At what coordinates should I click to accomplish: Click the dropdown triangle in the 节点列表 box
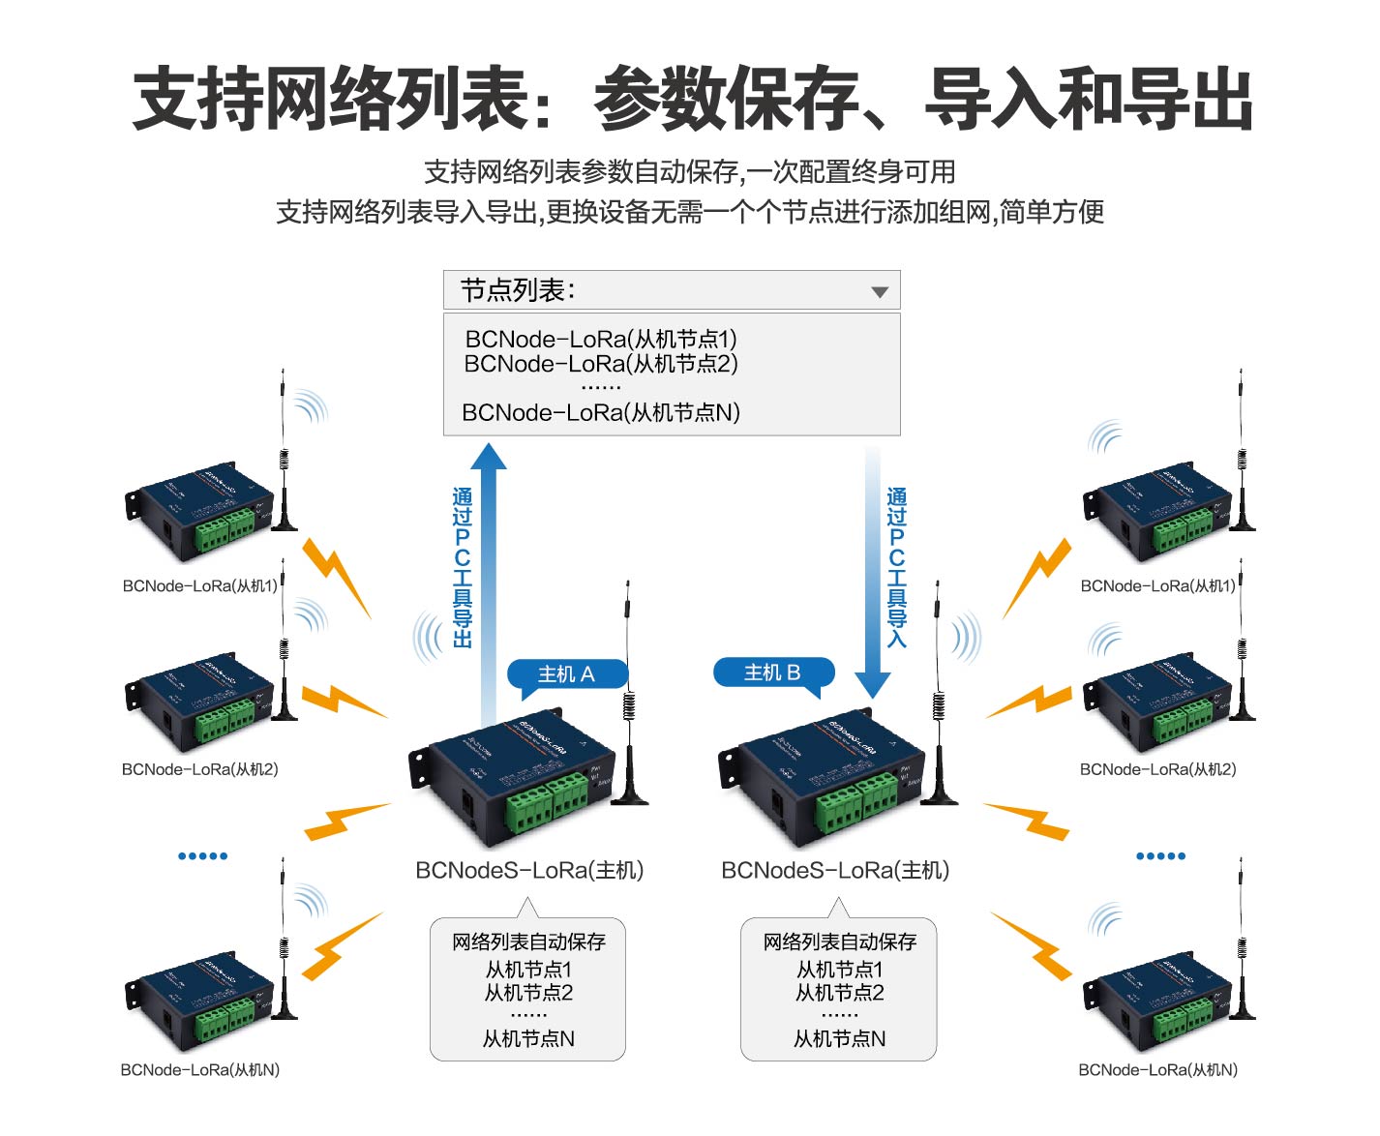point(879,292)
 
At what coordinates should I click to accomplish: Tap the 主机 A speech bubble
point(567,674)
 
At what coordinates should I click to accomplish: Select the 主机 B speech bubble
point(772,673)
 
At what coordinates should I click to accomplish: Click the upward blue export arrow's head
point(489,458)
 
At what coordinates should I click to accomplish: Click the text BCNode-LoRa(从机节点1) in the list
point(601,340)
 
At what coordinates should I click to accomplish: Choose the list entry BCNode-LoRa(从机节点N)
point(601,413)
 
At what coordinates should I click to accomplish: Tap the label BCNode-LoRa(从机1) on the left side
point(199,585)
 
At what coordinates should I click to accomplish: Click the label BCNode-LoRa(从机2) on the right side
point(1157,769)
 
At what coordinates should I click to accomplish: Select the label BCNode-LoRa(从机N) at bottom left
point(199,1069)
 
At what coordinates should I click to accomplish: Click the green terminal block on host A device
point(547,804)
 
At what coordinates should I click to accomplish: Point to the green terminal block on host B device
point(855,803)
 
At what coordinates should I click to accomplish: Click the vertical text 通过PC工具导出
point(463,567)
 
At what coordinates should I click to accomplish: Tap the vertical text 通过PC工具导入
point(897,567)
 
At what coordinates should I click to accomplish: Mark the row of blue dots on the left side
point(202,855)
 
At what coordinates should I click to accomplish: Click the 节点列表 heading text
point(518,290)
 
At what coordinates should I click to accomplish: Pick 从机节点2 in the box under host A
point(528,993)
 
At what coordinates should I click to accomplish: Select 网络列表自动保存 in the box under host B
point(839,942)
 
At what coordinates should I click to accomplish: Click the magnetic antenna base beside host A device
point(631,795)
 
